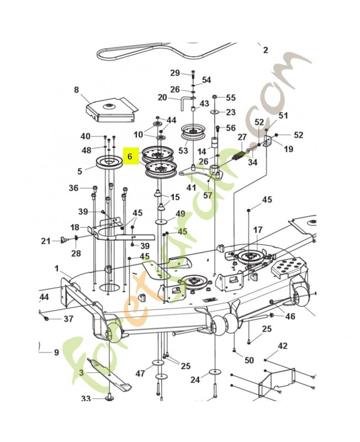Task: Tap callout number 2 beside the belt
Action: (x=265, y=50)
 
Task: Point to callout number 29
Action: (x=175, y=73)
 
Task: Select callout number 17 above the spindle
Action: (x=258, y=229)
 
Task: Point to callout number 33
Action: (x=86, y=398)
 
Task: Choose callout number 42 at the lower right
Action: (x=283, y=346)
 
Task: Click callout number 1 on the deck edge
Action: (x=57, y=268)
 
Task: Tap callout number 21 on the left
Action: (x=46, y=240)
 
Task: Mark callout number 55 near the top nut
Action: (x=230, y=97)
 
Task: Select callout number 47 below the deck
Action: (x=140, y=374)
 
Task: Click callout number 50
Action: (x=249, y=360)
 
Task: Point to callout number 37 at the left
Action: (x=68, y=319)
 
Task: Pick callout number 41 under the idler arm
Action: (x=191, y=187)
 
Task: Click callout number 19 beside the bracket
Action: (x=288, y=149)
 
